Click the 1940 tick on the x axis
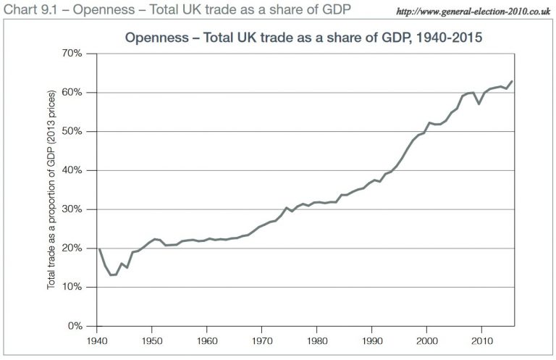(x=97, y=339)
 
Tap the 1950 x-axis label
(x=152, y=339)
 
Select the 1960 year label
(x=207, y=339)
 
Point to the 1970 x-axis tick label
(x=262, y=339)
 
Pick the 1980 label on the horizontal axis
(x=317, y=339)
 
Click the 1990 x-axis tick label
(x=372, y=339)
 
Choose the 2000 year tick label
(x=427, y=339)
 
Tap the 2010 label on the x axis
(x=482, y=339)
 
